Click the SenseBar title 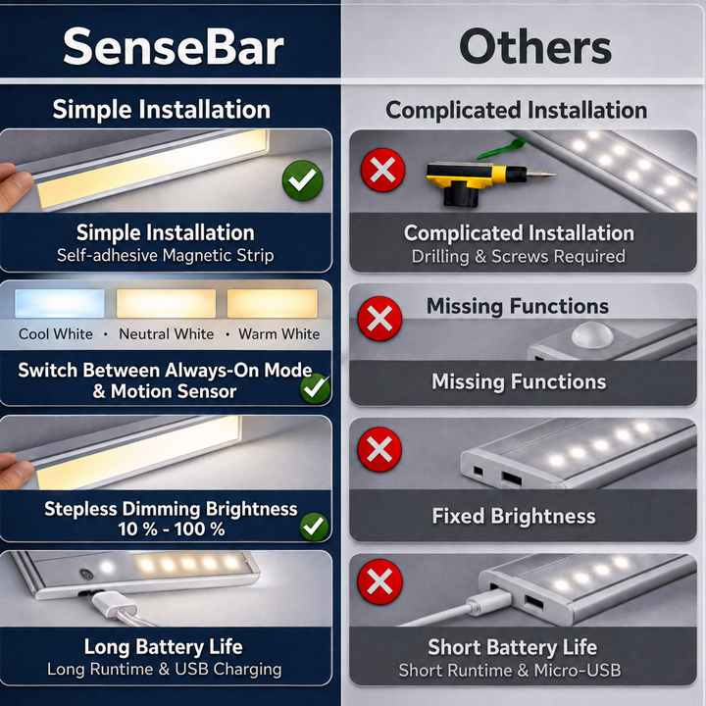tap(174, 47)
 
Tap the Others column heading tap(535, 47)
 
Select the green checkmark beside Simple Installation tap(303, 180)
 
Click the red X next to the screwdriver tap(382, 171)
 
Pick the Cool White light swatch tap(60, 303)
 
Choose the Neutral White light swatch tap(166, 303)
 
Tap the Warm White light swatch tap(273, 303)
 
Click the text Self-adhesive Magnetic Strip tap(166, 256)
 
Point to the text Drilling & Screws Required tap(519, 257)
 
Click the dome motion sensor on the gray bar tap(592, 335)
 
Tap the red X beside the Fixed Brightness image tap(379, 449)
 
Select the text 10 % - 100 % tap(172, 529)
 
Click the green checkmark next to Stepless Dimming tap(315, 527)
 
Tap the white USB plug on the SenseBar tap(114, 605)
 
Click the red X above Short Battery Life tap(379, 581)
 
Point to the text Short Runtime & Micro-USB tap(510, 671)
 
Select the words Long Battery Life tap(164, 647)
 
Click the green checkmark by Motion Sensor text tap(315, 388)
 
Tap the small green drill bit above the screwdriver tap(502, 149)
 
